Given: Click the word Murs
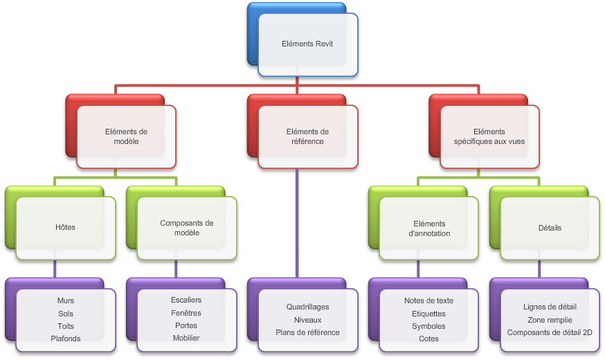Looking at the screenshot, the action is pyautogui.click(x=66, y=300).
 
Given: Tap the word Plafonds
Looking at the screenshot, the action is pyautogui.click(x=66, y=339).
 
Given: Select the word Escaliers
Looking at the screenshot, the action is pyautogui.click(x=186, y=300).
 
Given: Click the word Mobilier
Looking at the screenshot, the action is pyautogui.click(x=186, y=338).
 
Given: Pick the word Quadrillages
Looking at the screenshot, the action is pyautogui.click(x=307, y=307).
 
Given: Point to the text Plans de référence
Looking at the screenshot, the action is pyautogui.click(x=307, y=332).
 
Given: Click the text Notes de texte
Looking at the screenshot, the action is pyautogui.click(x=428, y=300).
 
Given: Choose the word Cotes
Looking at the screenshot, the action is pyautogui.click(x=428, y=339).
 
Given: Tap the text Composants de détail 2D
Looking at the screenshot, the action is pyautogui.click(x=550, y=332).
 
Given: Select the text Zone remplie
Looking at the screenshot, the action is pyautogui.click(x=550, y=320).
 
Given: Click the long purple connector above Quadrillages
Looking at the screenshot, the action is pyautogui.click(x=297, y=223).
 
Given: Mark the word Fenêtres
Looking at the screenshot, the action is pyautogui.click(x=186, y=313).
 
